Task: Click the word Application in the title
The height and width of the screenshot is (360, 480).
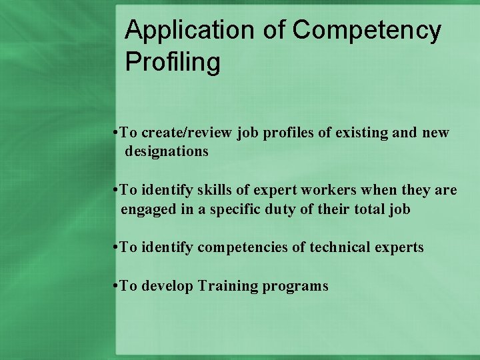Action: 172,31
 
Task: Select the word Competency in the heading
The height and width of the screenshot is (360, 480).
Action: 367,31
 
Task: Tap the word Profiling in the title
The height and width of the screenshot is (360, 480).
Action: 173,62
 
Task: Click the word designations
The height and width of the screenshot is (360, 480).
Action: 167,151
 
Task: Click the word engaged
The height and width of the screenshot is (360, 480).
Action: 147,209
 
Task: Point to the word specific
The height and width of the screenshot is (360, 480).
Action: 238,209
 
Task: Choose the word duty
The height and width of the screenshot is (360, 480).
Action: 282,209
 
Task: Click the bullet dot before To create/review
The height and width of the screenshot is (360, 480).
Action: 116,133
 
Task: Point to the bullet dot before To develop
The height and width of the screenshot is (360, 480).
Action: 116,286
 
